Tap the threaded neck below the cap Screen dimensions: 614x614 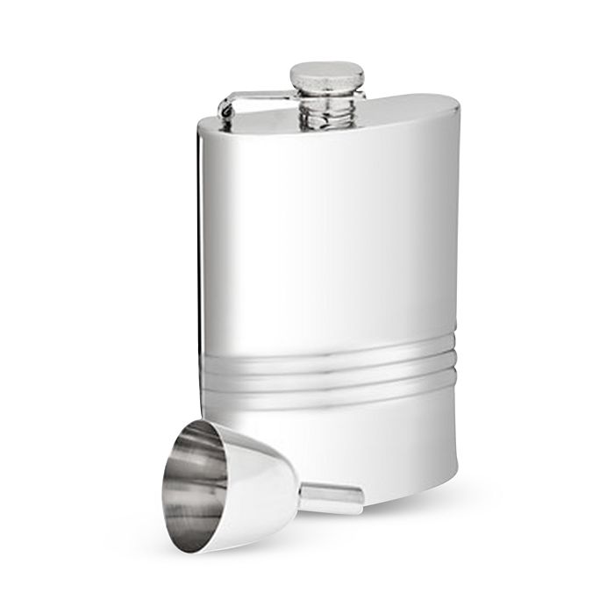pyautogui.click(x=328, y=109)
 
